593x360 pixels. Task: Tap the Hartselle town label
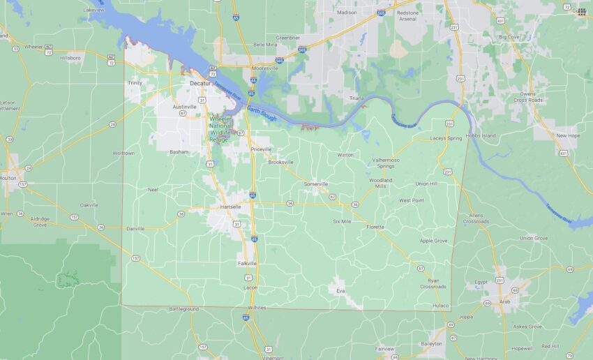[x=230, y=207]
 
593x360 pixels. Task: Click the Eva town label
[x=340, y=290]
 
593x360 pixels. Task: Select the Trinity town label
[x=134, y=83]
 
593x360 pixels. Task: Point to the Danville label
[x=135, y=228]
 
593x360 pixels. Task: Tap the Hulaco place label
[x=440, y=305]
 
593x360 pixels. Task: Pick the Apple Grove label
[x=433, y=241]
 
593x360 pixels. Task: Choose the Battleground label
[x=183, y=308]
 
